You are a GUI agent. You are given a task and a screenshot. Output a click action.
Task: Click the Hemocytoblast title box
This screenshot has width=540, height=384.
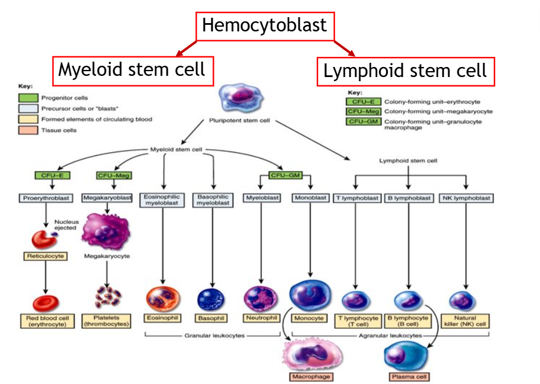264,26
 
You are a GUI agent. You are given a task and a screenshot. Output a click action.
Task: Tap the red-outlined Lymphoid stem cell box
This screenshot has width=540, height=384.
406,72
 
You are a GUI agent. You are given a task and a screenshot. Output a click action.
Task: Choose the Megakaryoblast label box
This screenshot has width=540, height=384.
107,198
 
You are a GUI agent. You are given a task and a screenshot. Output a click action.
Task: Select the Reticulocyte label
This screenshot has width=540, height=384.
46,257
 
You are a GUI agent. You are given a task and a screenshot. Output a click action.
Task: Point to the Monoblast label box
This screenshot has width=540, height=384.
310,198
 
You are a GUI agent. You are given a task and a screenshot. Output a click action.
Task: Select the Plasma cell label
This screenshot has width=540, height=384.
409,377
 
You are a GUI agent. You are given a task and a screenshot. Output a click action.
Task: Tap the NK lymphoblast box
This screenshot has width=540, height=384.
467,198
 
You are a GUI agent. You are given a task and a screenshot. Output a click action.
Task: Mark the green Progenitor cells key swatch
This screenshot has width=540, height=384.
29,98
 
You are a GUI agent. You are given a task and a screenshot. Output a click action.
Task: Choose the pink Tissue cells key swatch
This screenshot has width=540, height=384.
29,130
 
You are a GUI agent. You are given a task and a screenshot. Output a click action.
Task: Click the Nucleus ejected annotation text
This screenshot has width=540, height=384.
66,225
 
